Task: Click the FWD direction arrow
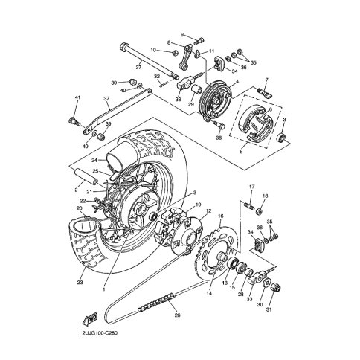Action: coord(90,318)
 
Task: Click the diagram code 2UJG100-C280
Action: coord(100,333)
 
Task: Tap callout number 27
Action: coord(138,68)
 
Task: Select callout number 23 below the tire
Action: coord(80,282)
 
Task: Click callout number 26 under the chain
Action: coord(177,315)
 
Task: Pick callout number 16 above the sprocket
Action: coord(221,216)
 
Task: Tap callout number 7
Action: coord(267,80)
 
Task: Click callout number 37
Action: coord(106,98)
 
